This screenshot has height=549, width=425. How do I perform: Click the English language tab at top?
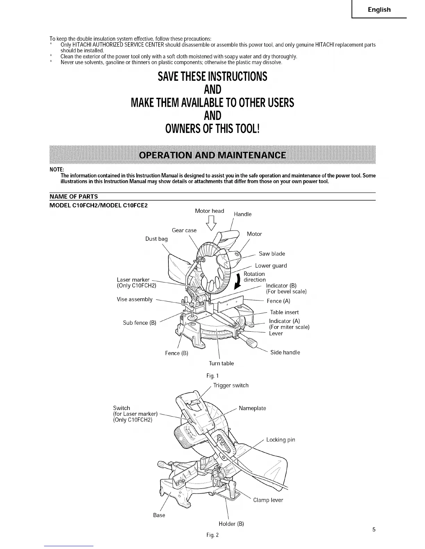click(x=379, y=10)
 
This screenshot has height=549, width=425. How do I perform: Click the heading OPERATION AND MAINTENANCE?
click(x=212, y=155)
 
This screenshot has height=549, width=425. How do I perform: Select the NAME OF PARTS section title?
click(x=74, y=197)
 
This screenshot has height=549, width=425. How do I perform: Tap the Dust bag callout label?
click(x=156, y=239)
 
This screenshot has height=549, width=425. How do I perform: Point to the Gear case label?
click(x=184, y=230)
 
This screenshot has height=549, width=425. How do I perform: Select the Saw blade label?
click(x=272, y=254)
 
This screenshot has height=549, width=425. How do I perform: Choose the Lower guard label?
click(x=271, y=266)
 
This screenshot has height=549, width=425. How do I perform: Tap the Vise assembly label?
click(x=135, y=299)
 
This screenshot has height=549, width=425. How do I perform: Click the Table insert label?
click(x=284, y=312)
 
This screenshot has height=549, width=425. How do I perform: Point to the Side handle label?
click(x=285, y=352)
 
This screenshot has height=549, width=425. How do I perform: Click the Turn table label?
click(x=221, y=363)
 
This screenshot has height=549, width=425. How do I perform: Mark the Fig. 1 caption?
click(x=212, y=376)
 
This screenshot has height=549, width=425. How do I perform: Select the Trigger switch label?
click(x=231, y=385)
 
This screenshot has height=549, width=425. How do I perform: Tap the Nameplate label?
click(x=252, y=408)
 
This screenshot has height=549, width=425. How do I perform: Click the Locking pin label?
click(x=281, y=440)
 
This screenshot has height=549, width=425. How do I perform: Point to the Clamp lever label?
click(x=268, y=500)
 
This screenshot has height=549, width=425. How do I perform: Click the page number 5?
click(x=374, y=529)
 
